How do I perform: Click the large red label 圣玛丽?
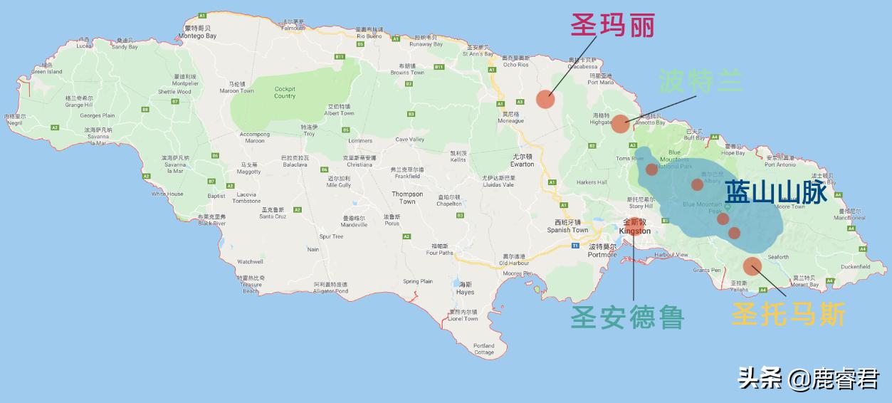click(x=612, y=26)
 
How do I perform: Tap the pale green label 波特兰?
click(x=701, y=81)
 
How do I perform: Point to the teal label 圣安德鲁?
click(x=626, y=318)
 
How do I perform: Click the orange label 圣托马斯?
click(x=789, y=314)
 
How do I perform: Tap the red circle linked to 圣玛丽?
click(x=545, y=99)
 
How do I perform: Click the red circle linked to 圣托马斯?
click(x=752, y=266)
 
